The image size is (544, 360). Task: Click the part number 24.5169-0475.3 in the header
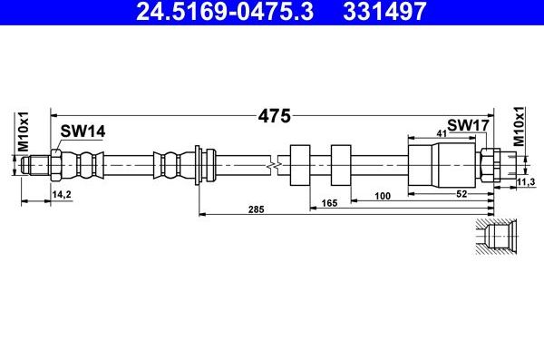coord(225,11)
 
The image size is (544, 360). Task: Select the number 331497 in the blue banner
coord(384,11)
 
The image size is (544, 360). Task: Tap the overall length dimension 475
coord(274,116)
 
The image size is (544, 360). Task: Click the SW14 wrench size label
coord(83,131)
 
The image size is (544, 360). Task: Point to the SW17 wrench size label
coord(468,125)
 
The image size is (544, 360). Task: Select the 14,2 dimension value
coord(62,194)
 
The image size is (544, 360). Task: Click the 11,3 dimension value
coord(526,181)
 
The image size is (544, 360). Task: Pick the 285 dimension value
coord(256,209)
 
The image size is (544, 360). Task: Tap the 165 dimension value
coord(329,203)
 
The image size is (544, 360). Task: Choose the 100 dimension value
coord(383,196)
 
